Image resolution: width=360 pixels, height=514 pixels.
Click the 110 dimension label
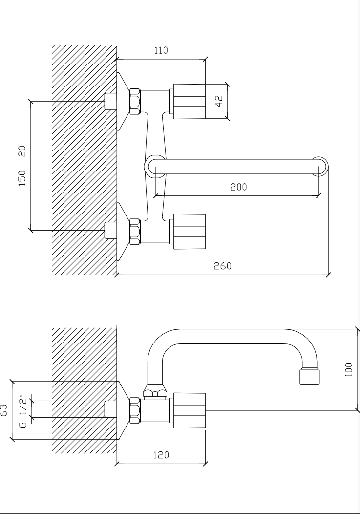(161, 50)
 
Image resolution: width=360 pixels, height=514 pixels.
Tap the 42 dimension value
(219, 101)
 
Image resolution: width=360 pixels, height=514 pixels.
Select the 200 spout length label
(238, 187)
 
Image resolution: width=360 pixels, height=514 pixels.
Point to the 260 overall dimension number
(222, 266)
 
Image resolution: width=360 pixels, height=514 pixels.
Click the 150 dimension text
(22, 178)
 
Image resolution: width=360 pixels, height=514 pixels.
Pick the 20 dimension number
(22, 151)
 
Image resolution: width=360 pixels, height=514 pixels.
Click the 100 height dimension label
(349, 369)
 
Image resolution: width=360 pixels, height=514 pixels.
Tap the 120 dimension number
(161, 455)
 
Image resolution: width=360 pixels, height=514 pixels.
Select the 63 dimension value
(3, 410)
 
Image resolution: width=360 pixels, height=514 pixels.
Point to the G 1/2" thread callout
(23, 411)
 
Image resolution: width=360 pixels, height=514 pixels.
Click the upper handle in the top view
(188, 101)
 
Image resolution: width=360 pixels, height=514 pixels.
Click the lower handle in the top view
(188, 232)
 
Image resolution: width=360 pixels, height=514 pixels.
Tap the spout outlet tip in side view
(310, 377)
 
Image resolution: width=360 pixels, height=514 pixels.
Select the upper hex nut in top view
(135, 101)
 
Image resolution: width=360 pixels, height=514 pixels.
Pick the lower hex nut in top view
(135, 232)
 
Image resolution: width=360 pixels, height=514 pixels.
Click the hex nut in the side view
(135, 410)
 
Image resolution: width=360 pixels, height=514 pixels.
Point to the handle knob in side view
(188, 410)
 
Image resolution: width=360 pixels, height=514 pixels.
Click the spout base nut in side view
(155, 390)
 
